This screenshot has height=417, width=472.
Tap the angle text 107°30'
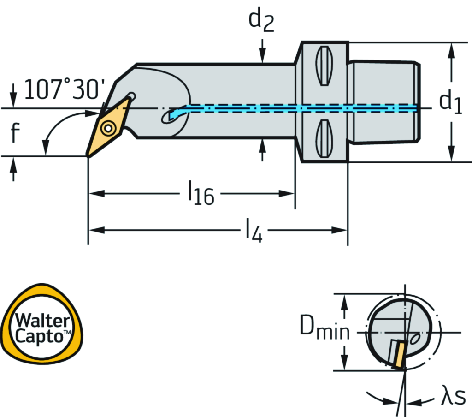[65, 89]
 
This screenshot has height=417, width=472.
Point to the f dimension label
[15, 134]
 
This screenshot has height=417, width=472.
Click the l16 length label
[201, 194]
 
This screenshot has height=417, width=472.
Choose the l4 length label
[253, 230]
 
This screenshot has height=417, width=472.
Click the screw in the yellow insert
[109, 127]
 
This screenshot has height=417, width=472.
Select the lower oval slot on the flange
[324, 138]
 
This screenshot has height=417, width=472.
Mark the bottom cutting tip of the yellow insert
[88, 156]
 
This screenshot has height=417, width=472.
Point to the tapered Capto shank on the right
[383, 102]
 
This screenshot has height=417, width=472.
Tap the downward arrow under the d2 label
[262, 53]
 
